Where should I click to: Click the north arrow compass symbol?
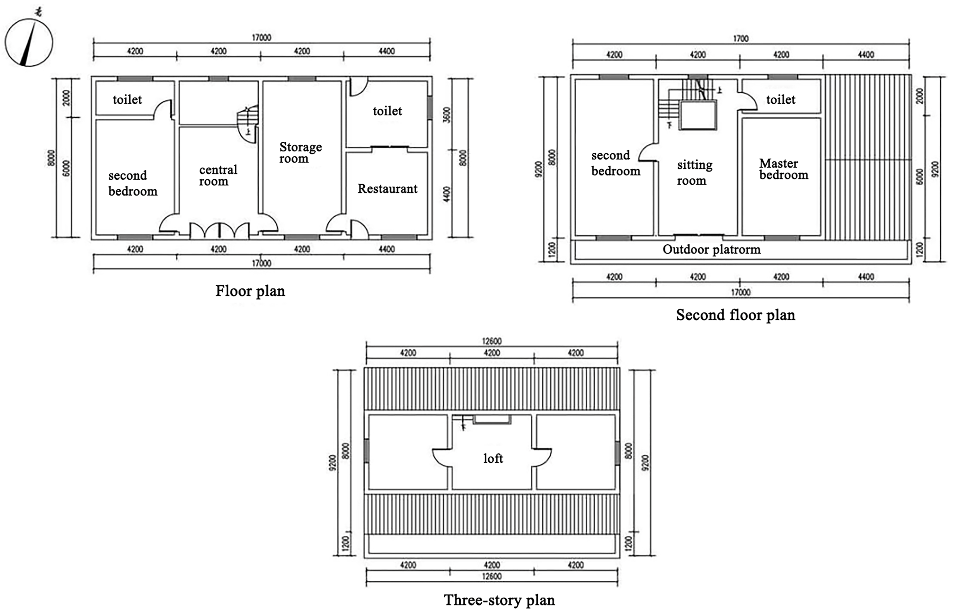tap(29, 42)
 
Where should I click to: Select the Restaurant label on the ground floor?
tap(387, 189)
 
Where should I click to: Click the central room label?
tap(218, 176)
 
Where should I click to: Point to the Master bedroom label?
tap(783, 169)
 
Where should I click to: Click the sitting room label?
tap(694, 173)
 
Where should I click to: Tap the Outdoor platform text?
tap(711, 249)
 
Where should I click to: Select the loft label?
tap(493, 458)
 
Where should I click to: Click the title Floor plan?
tap(250, 291)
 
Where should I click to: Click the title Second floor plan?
tap(735, 315)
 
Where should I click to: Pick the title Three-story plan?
tap(499, 600)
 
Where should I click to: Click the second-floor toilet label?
tap(780, 100)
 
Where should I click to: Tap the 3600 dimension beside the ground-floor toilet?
tap(447, 115)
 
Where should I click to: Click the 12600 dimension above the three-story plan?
tap(491, 341)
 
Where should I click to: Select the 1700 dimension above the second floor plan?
tap(740, 39)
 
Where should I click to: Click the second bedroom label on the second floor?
tap(615, 163)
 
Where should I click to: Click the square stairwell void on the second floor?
tap(698, 115)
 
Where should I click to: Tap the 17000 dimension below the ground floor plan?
tap(261, 263)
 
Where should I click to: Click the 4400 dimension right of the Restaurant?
tap(447, 194)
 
